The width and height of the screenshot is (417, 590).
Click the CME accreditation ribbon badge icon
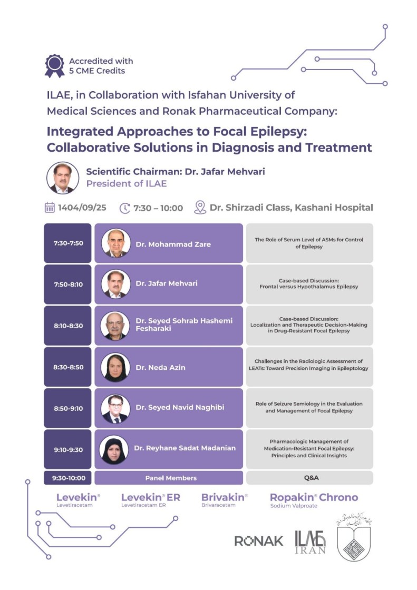pos(54,66)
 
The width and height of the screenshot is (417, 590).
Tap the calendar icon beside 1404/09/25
pos(50,208)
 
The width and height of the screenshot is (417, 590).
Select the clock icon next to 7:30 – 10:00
pos(125,208)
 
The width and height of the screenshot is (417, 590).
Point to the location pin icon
pos(200,208)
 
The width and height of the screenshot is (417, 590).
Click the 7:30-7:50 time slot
pos(67,243)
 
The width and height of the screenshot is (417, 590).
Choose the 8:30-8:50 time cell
pos(67,367)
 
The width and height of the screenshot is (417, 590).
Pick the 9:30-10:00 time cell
pos(67,478)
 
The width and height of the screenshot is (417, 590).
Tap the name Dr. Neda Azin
pos(160,367)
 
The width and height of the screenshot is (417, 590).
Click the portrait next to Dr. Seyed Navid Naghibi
pos(115,408)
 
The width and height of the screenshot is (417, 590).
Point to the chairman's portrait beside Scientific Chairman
pos(62,178)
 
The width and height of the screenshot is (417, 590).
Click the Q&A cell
pos(309,478)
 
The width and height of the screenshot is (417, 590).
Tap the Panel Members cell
pos(170,478)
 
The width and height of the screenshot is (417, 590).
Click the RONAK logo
pos(258,541)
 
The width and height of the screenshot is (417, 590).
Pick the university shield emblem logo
pos(353,538)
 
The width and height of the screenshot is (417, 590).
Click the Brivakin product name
pos(224,497)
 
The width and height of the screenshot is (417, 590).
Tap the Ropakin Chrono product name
pos(314,497)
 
